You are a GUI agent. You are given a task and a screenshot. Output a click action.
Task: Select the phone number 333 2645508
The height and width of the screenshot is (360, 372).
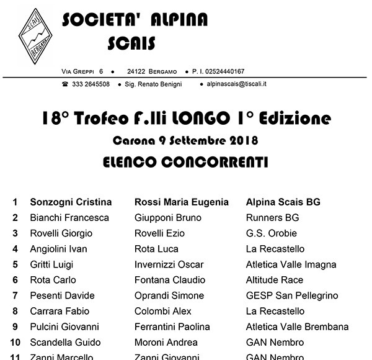tap(91, 84)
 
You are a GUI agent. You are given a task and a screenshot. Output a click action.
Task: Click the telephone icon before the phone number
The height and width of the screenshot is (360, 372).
tap(65, 84)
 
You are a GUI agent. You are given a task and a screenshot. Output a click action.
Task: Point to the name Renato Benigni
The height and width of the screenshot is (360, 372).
tap(157, 84)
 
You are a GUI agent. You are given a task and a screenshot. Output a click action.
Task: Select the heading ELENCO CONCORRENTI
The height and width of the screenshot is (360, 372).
tap(185, 163)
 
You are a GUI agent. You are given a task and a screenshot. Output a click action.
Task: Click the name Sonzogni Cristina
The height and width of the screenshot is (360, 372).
tap(71, 202)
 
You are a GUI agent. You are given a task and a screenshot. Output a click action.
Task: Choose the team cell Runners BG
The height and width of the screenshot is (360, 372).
tap(272, 218)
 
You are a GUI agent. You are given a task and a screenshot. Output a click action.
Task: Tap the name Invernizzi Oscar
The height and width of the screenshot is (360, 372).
tap(169, 264)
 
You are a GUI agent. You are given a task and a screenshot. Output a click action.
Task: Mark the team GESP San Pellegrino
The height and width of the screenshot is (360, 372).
tap(292, 295)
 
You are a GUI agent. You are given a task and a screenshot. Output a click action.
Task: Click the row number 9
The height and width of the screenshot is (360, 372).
tap(15, 326)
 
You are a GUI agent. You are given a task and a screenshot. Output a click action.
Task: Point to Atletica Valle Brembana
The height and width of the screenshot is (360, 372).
tap(297, 326)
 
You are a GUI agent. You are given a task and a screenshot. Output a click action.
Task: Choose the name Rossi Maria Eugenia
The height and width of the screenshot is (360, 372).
tap(182, 202)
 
